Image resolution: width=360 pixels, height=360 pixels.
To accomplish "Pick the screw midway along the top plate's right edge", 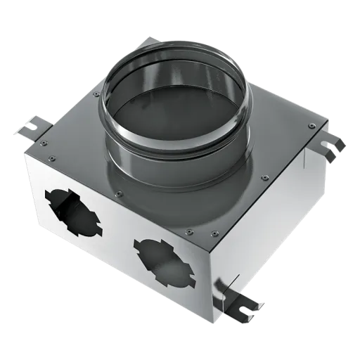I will (x=264, y=178).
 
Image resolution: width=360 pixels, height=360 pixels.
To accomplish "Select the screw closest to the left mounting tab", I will (x=44, y=143).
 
